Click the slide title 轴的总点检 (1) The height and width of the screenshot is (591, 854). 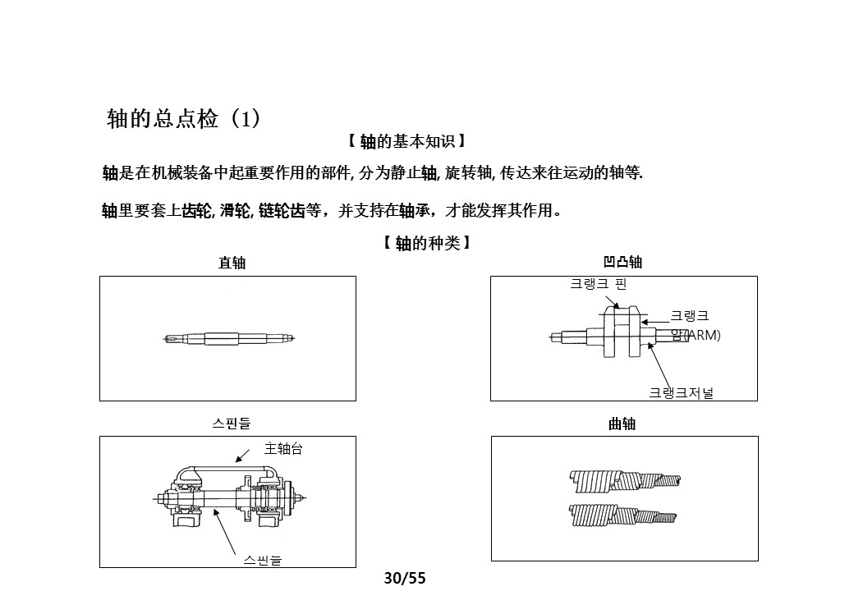[x=184, y=119]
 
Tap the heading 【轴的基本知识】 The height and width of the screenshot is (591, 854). [x=406, y=142]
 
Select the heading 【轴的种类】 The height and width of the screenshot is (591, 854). [x=427, y=244]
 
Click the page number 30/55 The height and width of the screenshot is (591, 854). [x=406, y=578]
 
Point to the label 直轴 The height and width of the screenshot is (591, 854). [x=232, y=263]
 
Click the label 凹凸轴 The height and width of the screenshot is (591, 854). [x=622, y=263]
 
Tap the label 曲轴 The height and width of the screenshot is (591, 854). [x=622, y=424]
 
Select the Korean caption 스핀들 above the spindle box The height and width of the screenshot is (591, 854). [x=232, y=424]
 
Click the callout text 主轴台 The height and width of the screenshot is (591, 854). [x=283, y=449]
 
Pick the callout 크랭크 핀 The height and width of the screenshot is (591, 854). [x=599, y=284]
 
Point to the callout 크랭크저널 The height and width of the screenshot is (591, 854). [x=682, y=393]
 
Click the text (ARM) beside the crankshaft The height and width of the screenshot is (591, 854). [x=703, y=335]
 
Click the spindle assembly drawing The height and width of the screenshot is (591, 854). [x=230, y=497]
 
